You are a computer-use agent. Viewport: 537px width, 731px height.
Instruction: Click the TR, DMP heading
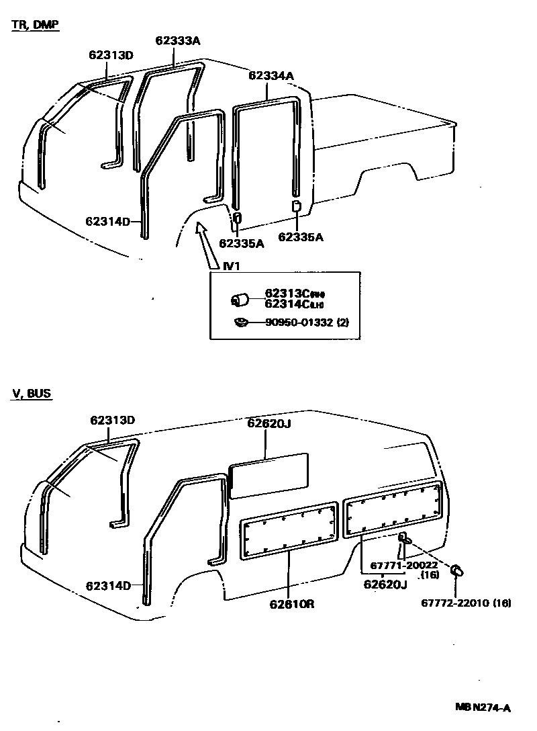click(x=35, y=25)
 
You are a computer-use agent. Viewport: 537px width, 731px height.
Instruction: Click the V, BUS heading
click(x=31, y=394)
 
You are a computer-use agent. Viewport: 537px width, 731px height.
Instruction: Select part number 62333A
click(x=178, y=40)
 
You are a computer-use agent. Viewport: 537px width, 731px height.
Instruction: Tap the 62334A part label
click(x=271, y=76)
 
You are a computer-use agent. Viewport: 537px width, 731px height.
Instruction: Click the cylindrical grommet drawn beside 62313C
click(x=240, y=300)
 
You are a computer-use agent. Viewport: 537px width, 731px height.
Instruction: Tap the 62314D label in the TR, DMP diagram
click(x=108, y=221)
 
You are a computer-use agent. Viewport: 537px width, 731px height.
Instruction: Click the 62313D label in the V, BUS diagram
click(x=113, y=420)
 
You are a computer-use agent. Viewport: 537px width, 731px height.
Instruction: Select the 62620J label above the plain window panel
click(x=268, y=423)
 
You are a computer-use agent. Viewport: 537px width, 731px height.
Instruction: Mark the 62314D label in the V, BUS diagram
click(x=108, y=585)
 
